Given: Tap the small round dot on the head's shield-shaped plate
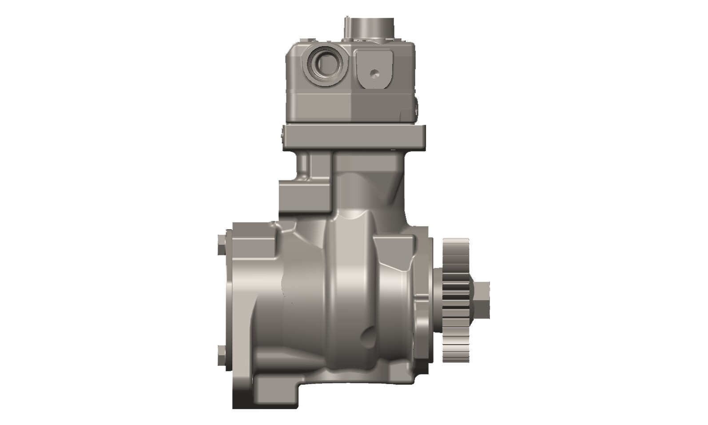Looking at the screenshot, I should coord(374,72).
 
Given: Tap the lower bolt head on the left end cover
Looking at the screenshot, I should coord(221,354).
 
